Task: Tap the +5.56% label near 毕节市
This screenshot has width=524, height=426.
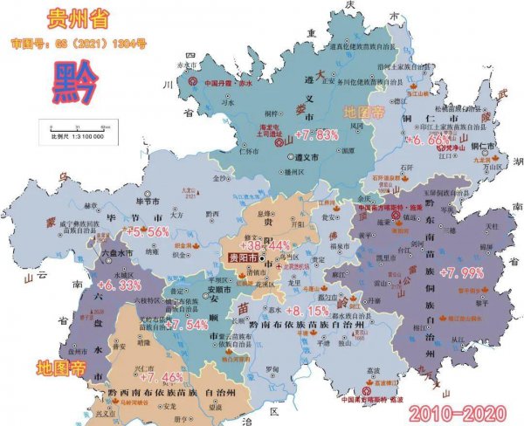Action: click(x=147, y=232)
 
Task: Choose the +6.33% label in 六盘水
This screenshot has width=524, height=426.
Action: click(x=119, y=285)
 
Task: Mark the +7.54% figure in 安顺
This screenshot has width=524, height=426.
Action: click(x=186, y=324)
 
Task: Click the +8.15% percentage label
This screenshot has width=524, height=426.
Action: click(x=307, y=310)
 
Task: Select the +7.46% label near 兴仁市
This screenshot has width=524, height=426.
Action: click(x=162, y=377)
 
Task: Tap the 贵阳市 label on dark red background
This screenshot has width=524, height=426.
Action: click(x=244, y=259)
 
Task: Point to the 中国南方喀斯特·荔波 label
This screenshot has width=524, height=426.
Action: click(x=367, y=401)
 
